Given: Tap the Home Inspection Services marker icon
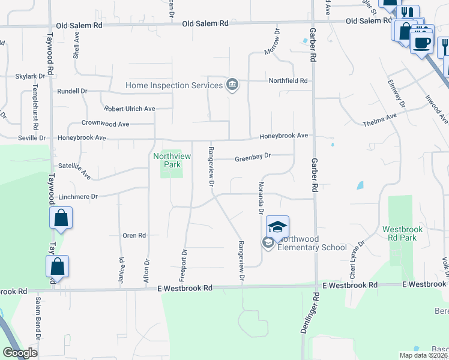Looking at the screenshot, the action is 232,85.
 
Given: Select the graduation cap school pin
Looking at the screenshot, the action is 277,226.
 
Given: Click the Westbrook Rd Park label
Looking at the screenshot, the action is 403,233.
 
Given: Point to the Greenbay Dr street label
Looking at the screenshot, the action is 253,155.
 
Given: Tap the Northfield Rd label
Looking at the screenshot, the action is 288,80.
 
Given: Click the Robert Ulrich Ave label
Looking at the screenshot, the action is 130,109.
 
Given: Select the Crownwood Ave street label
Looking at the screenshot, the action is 106,124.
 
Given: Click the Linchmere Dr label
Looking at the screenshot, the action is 79,196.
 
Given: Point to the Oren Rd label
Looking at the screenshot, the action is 134,236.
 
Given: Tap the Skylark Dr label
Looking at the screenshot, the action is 31,76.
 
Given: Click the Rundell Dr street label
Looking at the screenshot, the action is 72,91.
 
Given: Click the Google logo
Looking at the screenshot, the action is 20,353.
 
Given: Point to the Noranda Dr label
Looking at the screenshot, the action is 261,198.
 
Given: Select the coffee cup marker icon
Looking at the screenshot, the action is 421,43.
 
